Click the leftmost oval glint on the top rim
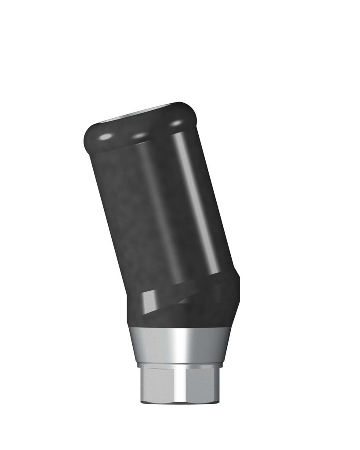(x=105, y=138)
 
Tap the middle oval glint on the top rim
(x=139, y=136)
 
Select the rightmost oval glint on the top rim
(x=176, y=123)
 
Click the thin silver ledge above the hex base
(x=180, y=365)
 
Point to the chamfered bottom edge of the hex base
(x=180, y=401)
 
